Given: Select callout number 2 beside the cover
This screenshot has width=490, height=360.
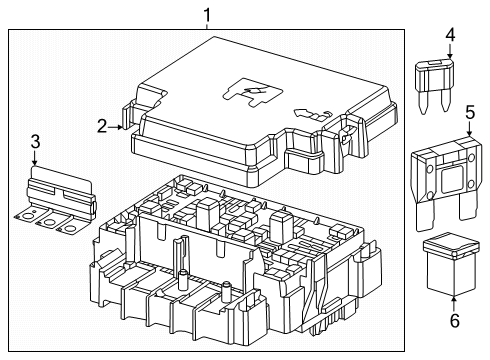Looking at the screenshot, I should [x=102, y=126].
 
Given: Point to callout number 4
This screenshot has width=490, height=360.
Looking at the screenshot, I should [x=450, y=35].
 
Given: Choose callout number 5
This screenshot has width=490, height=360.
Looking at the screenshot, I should [x=470, y=116].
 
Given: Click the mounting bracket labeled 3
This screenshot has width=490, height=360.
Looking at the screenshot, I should [x=49, y=204].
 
